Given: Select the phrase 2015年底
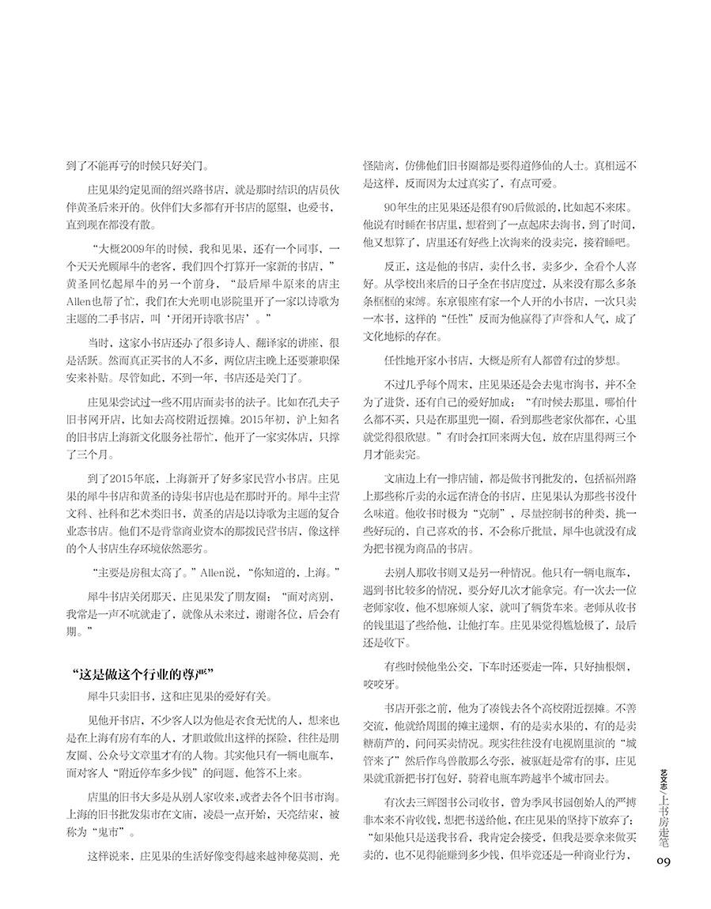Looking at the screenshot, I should point(123,478).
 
